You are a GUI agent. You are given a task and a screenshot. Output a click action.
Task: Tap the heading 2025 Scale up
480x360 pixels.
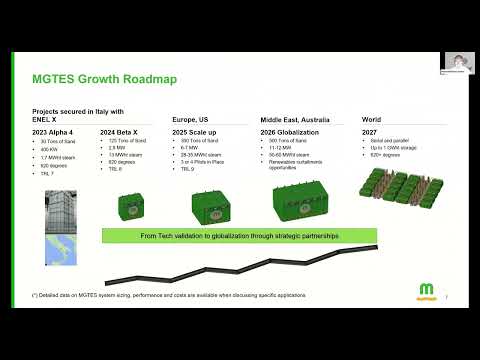[x=202, y=132]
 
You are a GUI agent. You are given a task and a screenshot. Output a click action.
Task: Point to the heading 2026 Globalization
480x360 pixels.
[x=291, y=132]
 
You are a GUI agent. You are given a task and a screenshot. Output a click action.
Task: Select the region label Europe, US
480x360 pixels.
[x=195, y=117]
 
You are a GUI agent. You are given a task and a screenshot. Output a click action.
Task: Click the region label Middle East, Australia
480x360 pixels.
[x=294, y=117]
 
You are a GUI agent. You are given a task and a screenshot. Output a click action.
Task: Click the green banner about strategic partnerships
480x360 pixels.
[x=234, y=235]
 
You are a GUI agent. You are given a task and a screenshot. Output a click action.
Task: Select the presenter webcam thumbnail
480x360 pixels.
[x=458, y=63]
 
